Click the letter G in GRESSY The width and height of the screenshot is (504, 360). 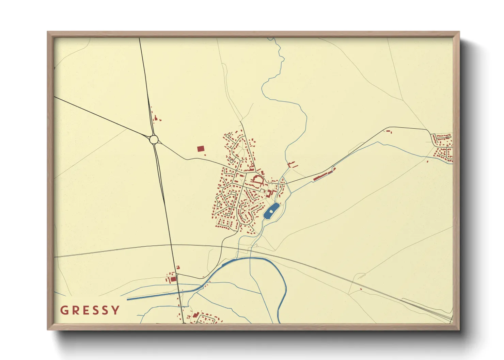click(x=64, y=310)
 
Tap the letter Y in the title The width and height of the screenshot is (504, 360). click(x=116, y=310)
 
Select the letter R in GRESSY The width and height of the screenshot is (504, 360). click(x=75, y=310)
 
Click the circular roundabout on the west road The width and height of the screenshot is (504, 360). click(x=154, y=139)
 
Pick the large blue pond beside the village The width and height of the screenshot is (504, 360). click(x=271, y=212)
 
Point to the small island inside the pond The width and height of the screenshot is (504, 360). click(x=271, y=211)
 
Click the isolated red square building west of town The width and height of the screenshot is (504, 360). click(x=201, y=149)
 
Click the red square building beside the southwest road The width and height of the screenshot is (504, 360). click(x=173, y=279)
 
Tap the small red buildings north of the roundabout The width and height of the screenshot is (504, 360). click(x=156, y=118)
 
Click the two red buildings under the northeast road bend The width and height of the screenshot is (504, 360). click(x=390, y=131)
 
